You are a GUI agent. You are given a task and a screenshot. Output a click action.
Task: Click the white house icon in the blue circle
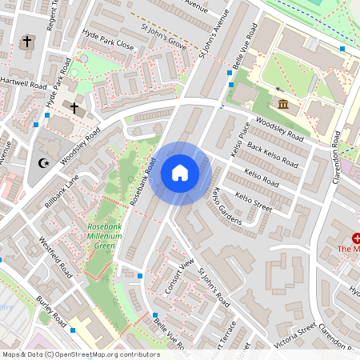coord(180,173)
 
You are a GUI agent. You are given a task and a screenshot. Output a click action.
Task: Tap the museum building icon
coord(283,103)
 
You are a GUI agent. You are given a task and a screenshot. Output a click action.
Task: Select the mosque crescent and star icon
coord(44,163)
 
